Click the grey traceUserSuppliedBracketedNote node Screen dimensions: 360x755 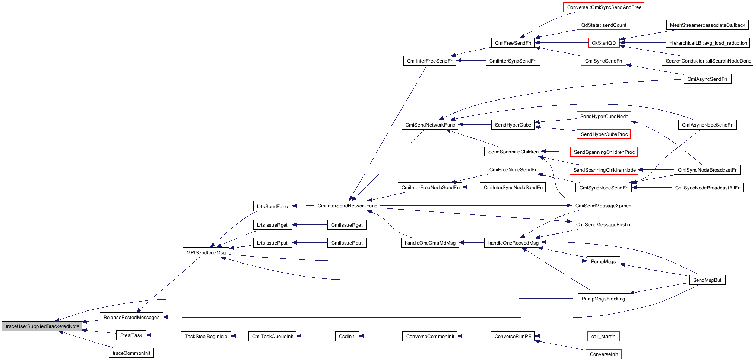(42, 326)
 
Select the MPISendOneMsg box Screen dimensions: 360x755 (206, 252)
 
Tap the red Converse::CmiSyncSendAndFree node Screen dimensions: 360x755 (603, 7)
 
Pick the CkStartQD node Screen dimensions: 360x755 (604, 43)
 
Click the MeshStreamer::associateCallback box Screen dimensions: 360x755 (707, 25)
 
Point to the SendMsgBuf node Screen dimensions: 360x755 (707, 280)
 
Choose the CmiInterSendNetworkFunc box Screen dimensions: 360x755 (347, 206)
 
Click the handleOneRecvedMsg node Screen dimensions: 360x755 (513, 243)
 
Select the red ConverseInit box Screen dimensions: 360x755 (603, 354)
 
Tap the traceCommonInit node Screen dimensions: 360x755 (131, 353)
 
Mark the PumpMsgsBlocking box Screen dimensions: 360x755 (603, 299)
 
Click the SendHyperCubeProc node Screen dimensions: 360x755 (604, 134)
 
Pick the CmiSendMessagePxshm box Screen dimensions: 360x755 (603, 224)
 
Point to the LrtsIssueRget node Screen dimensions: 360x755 (272, 225)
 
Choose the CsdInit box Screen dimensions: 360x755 (346, 336)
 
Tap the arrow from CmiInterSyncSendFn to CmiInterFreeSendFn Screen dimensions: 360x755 (471, 61)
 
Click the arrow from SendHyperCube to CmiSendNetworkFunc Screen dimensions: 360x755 (475, 125)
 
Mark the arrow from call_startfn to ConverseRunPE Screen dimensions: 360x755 (561, 336)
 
